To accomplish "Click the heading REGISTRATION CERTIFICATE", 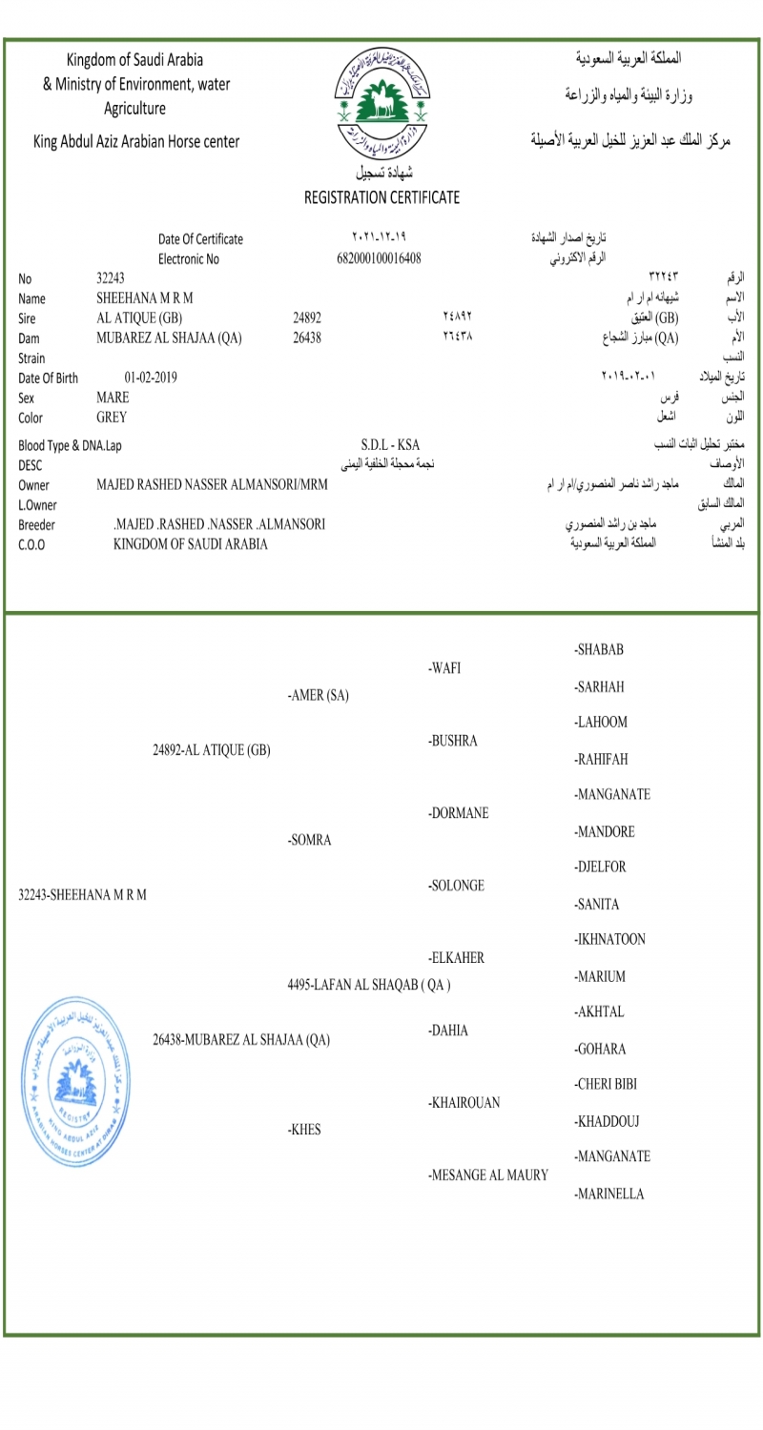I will pos(381,198).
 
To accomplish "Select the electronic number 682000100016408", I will pos(380,258).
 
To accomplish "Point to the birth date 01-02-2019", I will pos(151,378).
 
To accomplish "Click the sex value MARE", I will pos(113,398).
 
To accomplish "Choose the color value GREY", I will pos(112,417).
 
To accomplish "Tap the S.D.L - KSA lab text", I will pos(390,445).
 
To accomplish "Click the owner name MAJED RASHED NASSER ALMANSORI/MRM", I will pos(212,484).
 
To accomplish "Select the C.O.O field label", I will pos(31,544).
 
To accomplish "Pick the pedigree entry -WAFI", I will pos(444,668).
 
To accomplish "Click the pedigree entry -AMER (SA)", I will pos(318,696).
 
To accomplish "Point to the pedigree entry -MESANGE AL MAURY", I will pos(488,1175).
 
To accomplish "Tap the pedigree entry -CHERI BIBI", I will pos(606,1085).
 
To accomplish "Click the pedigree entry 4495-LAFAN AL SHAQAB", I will pos(369,985).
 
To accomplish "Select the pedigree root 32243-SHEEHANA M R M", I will pos(83,895).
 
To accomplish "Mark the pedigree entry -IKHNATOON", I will pos(609,940).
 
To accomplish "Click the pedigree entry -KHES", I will pos(304,1131).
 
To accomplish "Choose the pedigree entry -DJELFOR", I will pos(600,868).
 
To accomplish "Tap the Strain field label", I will pos(32,358).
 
